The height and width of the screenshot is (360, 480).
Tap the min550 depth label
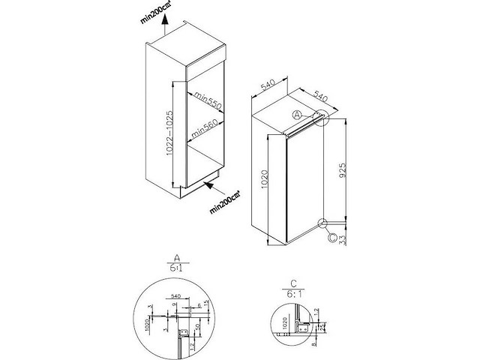pos(206,101)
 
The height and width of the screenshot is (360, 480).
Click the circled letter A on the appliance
pos(297,114)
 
